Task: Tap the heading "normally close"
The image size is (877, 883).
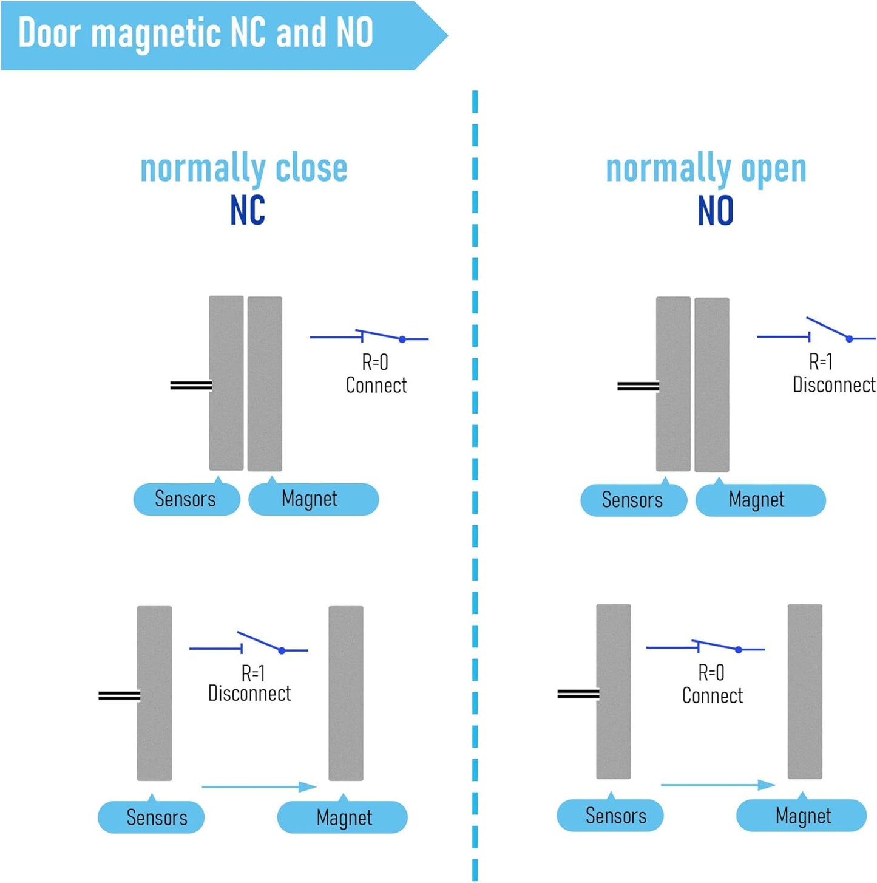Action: coord(243,168)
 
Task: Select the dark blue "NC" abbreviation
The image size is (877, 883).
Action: coord(247,210)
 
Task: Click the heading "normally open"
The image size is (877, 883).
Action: coord(706,168)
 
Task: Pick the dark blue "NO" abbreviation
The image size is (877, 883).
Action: coord(716,210)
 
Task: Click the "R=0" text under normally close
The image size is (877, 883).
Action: coord(375,363)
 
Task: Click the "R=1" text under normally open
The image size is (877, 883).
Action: coord(821,363)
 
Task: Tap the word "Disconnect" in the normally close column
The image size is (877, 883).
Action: coord(249,694)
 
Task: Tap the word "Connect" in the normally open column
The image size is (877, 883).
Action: coord(712,695)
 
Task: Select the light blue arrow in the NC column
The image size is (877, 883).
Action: coord(259,787)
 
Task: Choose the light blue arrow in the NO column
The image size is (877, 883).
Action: coord(718,785)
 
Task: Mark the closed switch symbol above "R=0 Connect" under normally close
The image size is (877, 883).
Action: coord(369,335)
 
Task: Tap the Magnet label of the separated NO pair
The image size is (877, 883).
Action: coord(802,816)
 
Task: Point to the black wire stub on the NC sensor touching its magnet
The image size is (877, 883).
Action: coord(191,385)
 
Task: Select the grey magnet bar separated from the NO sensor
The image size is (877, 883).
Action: coord(805,691)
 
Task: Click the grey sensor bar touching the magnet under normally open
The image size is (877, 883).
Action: coord(673,384)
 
